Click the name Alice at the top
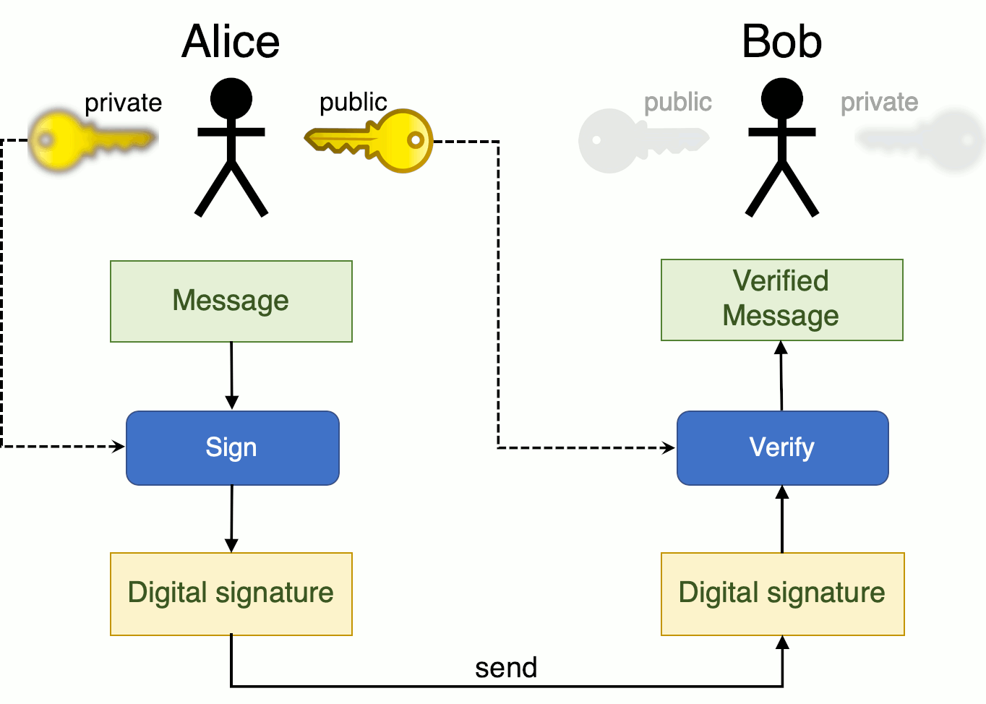click(x=231, y=41)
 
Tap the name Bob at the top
click(x=781, y=41)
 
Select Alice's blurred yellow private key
click(x=90, y=139)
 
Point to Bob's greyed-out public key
click(x=640, y=140)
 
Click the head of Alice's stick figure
click(x=231, y=99)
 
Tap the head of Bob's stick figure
click(x=782, y=99)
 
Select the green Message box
click(x=231, y=301)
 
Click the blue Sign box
click(x=233, y=448)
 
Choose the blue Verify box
click(x=782, y=448)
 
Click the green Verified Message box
click(x=782, y=299)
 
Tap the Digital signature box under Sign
click(x=231, y=594)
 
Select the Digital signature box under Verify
click(x=782, y=594)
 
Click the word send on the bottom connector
click(x=506, y=668)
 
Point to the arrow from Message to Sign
click(x=231, y=376)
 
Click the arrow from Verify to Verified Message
click(x=781, y=376)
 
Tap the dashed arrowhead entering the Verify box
click(x=668, y=448)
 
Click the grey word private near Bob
click(x=879, y=102)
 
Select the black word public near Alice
click(x=353, y=102)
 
